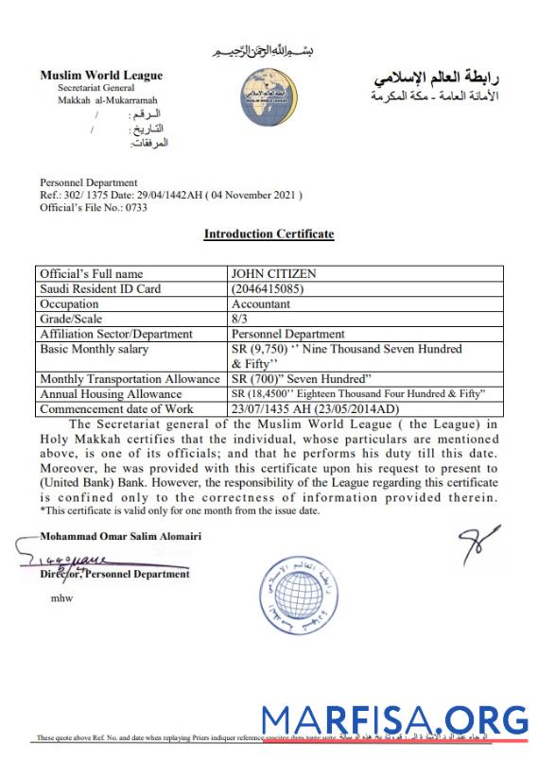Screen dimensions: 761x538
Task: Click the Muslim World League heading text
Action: coord(101,76)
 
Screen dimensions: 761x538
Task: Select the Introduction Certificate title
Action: coord(269,233)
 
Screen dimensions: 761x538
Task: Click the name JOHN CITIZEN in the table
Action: coord(274,274)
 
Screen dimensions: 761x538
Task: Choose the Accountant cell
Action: coord(262,304)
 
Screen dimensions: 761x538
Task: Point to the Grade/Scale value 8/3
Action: coord(240,319)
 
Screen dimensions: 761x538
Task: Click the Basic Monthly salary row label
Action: coord(95,349)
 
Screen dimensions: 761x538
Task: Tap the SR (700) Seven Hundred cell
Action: coord(299,378)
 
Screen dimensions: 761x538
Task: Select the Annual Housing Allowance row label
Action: coord(111,393)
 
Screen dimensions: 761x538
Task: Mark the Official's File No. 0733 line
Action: coord(83,208)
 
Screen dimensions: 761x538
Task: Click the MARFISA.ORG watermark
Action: coord(394,720)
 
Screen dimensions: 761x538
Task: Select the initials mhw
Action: coord(61,597)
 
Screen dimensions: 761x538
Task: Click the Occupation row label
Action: coord(69,304)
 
